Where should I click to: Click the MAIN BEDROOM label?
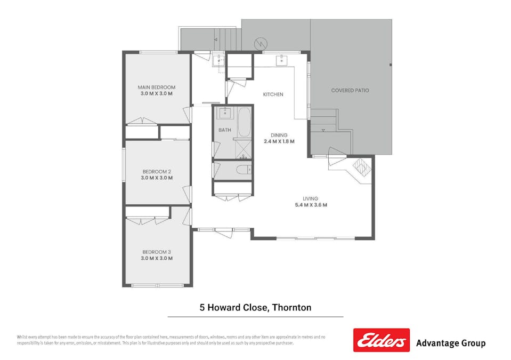156,87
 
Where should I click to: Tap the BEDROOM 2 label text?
156,172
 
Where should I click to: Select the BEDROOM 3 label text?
156,252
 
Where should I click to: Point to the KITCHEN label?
273,94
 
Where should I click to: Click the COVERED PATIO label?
350,91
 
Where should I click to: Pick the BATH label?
224,130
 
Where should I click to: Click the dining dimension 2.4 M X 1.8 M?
279,142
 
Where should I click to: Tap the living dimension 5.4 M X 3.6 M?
311,205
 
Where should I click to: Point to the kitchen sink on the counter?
281,60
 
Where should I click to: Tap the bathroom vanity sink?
224,113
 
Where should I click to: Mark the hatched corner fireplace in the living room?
362,167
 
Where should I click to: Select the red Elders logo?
381,340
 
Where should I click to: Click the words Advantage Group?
450,343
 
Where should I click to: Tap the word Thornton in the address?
291,307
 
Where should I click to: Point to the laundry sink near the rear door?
218,60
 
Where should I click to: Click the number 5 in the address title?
202,307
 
